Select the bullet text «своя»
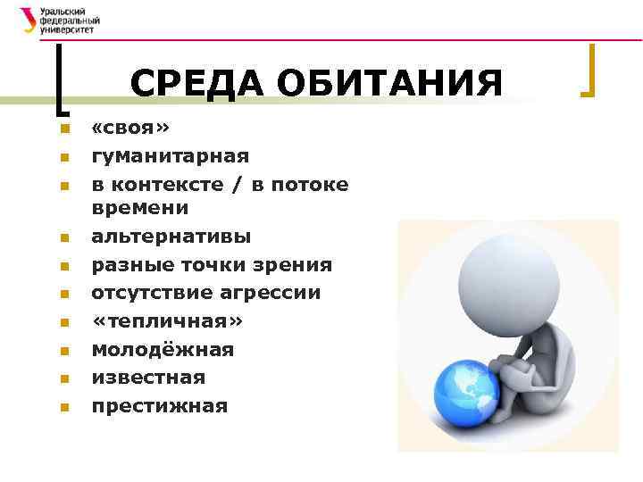coord(130,129)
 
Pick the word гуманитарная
coord(171,156)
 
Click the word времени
coord(140,208)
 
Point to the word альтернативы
coord(171,237)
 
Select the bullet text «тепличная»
coord(167,321)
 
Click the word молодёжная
coord(163,350)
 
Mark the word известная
coord(148,378)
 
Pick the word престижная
coord(160,406)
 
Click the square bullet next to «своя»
coord(63,130)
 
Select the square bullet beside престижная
coord(63,408)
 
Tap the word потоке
coord(307,184)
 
